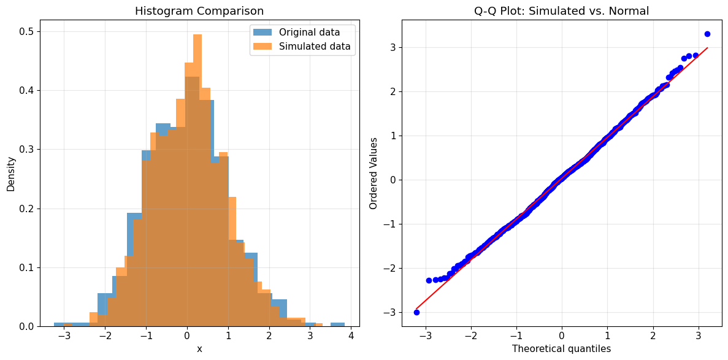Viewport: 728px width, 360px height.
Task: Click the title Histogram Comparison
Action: click(x=199, y=11)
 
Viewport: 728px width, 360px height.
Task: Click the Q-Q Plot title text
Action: click(x=561, y=11)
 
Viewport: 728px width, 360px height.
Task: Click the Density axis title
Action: click(x=11, y=173)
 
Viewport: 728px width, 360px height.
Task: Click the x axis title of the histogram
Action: click(x=199, y=349)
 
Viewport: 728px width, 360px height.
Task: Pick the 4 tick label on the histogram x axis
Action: click(x=351, y=337)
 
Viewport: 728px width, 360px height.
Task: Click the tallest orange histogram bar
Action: click(x=197, y=184)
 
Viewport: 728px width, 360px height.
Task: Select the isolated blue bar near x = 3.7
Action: click(x=337, y=324)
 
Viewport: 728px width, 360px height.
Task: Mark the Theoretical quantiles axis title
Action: click(x=561, y=349)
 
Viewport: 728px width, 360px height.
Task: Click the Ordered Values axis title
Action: click(x=374, y=174)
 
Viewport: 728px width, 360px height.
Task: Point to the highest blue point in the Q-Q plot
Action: click(x=707, y=34)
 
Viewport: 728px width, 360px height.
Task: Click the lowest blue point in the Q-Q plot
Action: click(x=416, y=312)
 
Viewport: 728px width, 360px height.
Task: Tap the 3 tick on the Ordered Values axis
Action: click(x=393, y=47)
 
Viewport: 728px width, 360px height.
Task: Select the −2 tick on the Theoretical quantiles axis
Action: click(x=470, y=337)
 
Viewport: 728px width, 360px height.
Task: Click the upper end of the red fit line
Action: click(x=707, y=48)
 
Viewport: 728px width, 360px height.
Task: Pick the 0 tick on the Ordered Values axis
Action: click(x=393, y=180)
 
